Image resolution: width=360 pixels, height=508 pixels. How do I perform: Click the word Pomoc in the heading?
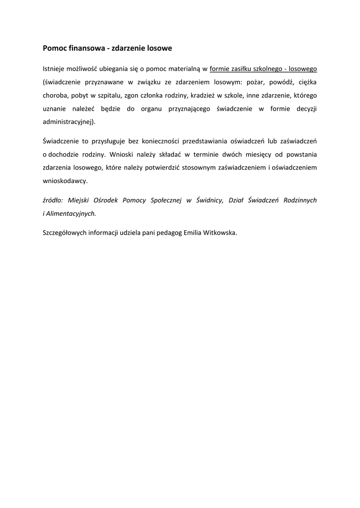click(53, 49)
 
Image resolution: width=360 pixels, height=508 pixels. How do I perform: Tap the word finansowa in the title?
click(84, 49)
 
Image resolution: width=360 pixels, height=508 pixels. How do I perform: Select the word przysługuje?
click(108, 142)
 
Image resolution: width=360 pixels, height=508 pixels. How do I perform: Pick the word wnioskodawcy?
click(65, 181)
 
